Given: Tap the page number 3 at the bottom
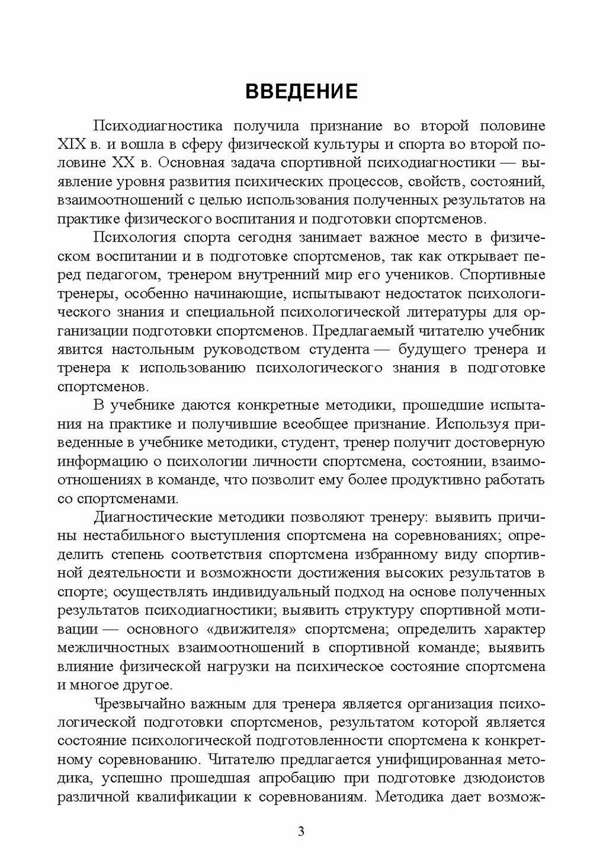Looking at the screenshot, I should [301, 832].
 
